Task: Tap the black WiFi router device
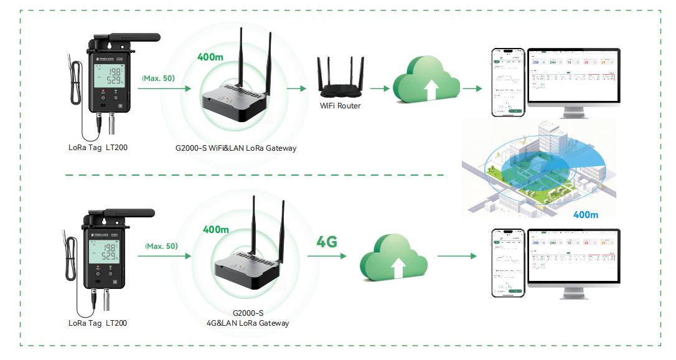(x=339, y=78)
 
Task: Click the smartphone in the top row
(x=507, y=82)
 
